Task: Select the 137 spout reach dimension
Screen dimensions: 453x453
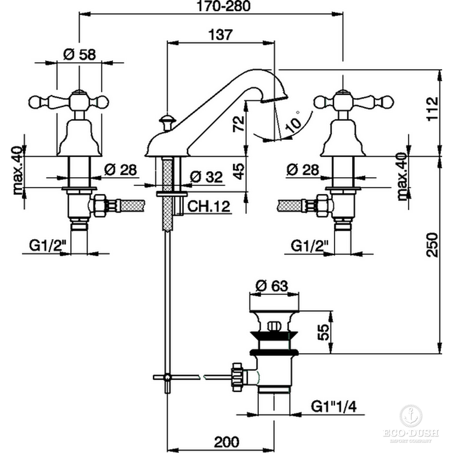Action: point(221,34)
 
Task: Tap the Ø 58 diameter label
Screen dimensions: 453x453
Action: point(79,54)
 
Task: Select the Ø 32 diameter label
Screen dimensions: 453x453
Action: point(207,177)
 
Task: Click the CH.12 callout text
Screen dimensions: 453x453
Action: point(209,207)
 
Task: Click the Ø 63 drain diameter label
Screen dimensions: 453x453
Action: point(272,285)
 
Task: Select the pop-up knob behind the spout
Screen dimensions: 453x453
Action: point(168,120)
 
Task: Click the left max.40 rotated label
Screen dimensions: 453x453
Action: point(18,170)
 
